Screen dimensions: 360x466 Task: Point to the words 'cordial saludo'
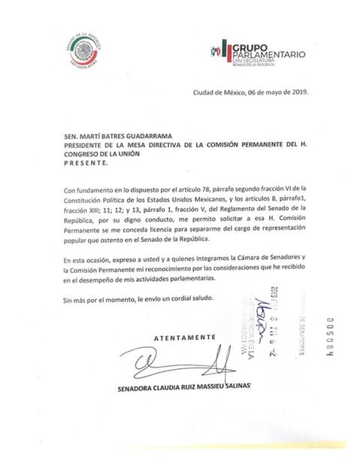tap(189, 299)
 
